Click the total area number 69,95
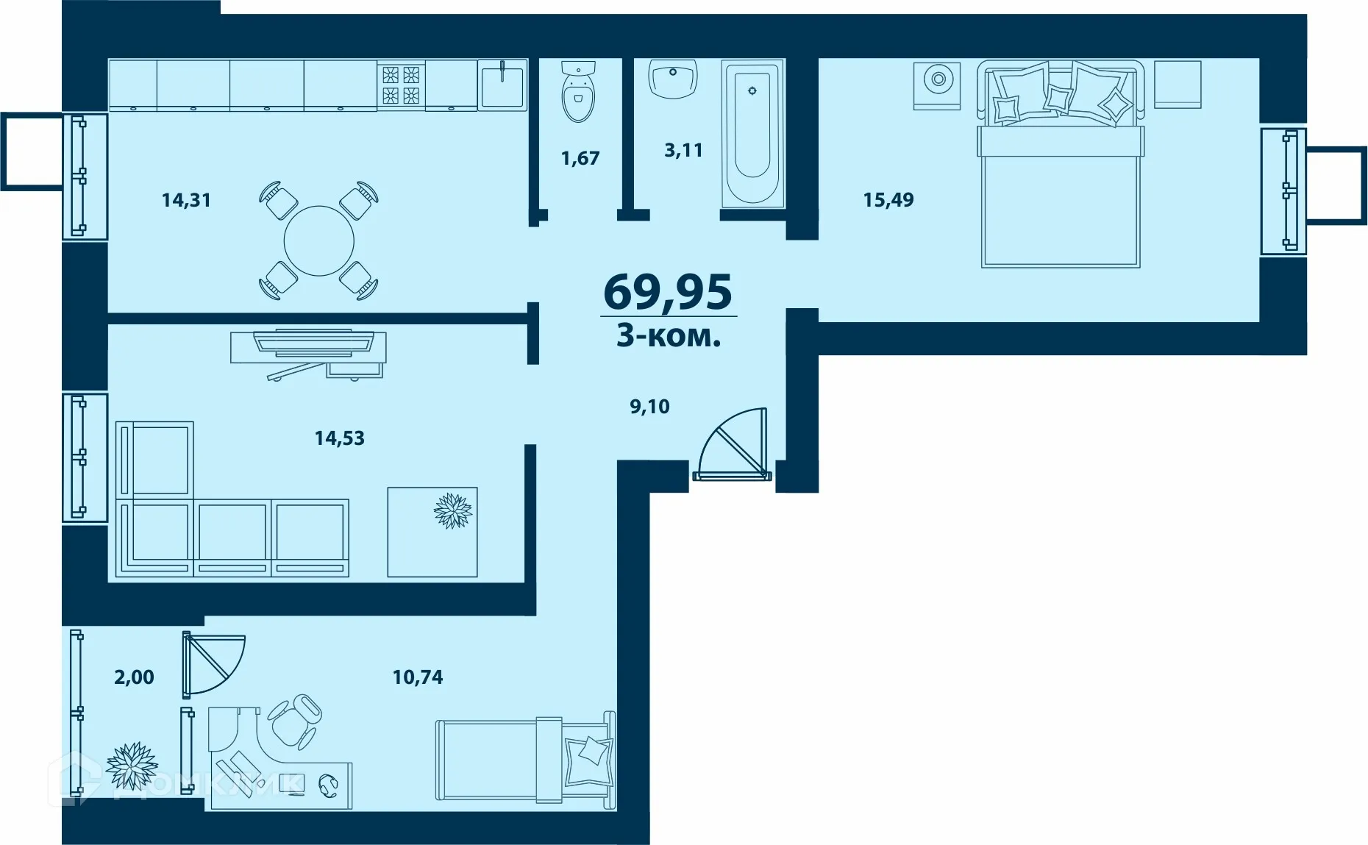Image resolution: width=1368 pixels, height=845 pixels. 667,292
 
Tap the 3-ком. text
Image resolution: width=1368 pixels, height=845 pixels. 668,336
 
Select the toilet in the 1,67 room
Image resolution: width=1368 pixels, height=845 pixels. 577,92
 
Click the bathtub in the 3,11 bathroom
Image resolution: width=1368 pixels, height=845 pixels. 752,132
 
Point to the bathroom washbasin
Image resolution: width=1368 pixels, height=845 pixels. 673,79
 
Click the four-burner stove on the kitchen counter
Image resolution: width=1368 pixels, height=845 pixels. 401,85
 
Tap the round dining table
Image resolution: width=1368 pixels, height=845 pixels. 318,240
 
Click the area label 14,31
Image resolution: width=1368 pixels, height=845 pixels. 186,200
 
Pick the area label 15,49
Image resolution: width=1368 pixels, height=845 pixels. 888,200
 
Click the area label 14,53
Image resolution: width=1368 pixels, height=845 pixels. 339,438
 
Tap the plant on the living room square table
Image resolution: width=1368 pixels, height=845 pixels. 452,510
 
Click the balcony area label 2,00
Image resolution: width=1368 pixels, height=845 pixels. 134,677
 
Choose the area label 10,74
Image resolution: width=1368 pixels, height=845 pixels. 418,677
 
